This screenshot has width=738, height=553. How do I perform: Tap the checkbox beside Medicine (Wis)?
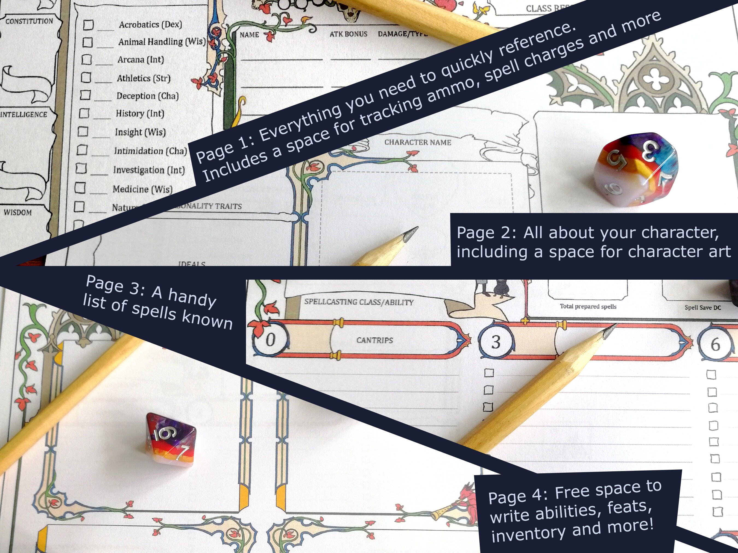(80, 188)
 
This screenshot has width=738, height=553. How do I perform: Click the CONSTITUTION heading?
(29, 21)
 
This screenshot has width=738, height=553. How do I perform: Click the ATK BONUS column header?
(348, 34)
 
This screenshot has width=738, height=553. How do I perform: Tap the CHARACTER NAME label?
(417, 142)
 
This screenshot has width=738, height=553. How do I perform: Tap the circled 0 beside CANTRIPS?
(270, 340)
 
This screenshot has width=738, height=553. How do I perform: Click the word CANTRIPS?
(374, 340)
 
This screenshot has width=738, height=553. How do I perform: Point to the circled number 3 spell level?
(496, 342)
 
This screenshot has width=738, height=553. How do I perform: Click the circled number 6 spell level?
(715, 344)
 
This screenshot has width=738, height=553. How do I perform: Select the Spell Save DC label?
(703, 307)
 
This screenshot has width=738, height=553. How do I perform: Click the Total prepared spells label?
(588, 306)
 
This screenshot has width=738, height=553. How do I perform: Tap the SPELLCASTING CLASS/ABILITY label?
(359, 302)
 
